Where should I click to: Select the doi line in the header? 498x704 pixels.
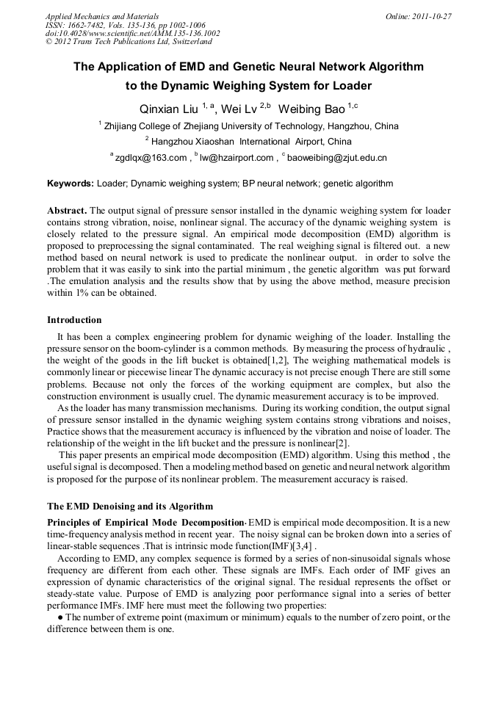[132, 33]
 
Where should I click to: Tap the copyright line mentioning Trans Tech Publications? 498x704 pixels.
[129, 42]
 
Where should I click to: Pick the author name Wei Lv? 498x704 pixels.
[239, 109]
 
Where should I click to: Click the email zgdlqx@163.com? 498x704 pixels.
[151, 157]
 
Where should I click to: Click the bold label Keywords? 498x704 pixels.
[71, 184]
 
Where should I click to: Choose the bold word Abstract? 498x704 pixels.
[67, 210]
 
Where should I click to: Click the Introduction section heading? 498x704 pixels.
[74, 320]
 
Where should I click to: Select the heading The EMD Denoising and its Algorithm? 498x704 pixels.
[130, 507]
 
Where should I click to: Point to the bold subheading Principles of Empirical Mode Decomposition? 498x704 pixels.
[145, 522]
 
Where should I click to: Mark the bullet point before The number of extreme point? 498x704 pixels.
[59, 617]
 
